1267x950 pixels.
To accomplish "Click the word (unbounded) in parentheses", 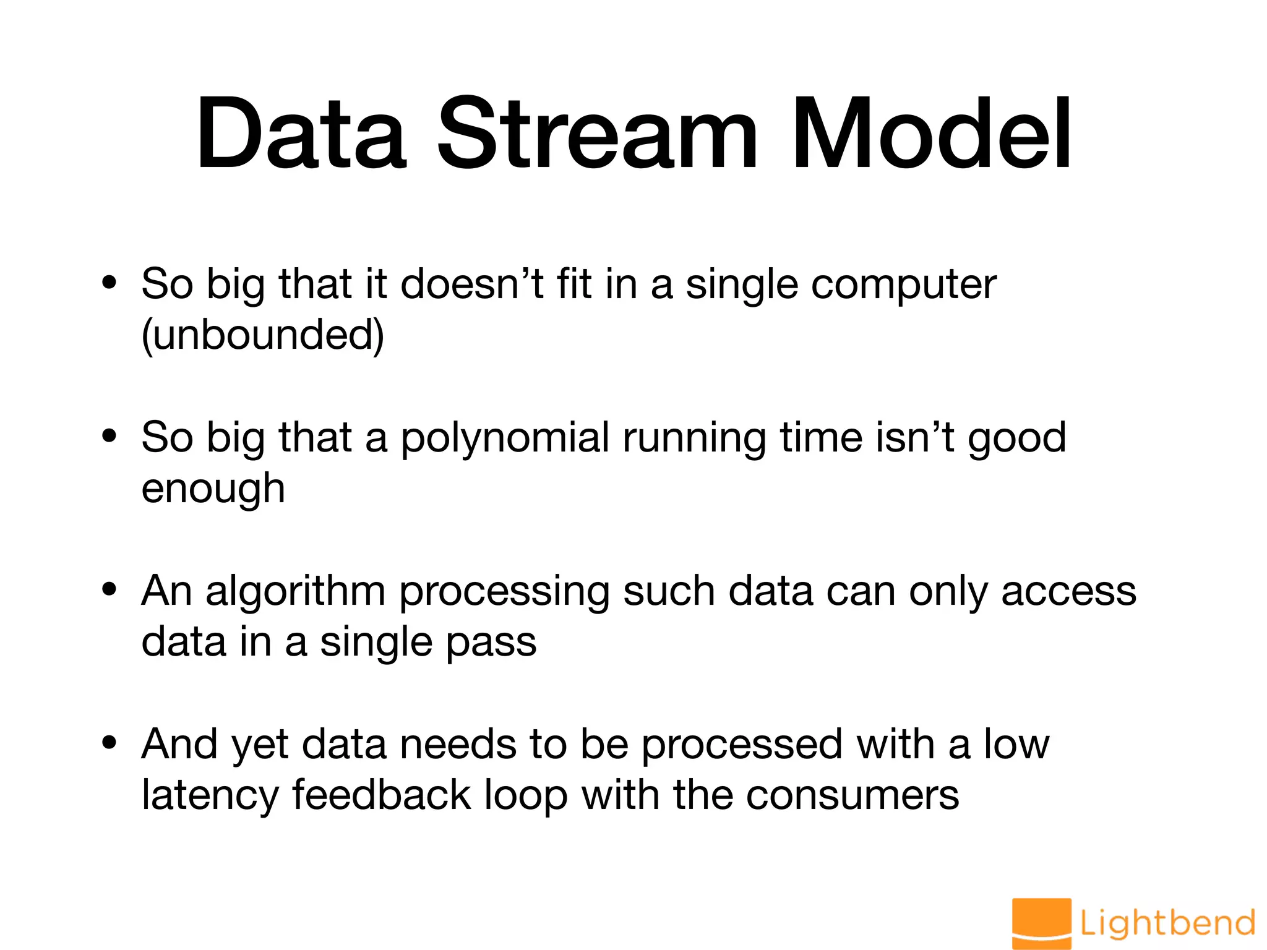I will click(263, 335).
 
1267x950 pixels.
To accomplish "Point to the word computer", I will click(903, 286).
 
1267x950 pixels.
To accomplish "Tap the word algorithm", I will click(296, 591).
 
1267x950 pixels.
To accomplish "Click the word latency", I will click(210, 795).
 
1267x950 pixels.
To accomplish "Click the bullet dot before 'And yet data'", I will click(110, 742).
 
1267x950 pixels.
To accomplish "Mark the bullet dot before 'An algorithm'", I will click(110, 589).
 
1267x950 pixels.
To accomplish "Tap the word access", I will click(1068, 591).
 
